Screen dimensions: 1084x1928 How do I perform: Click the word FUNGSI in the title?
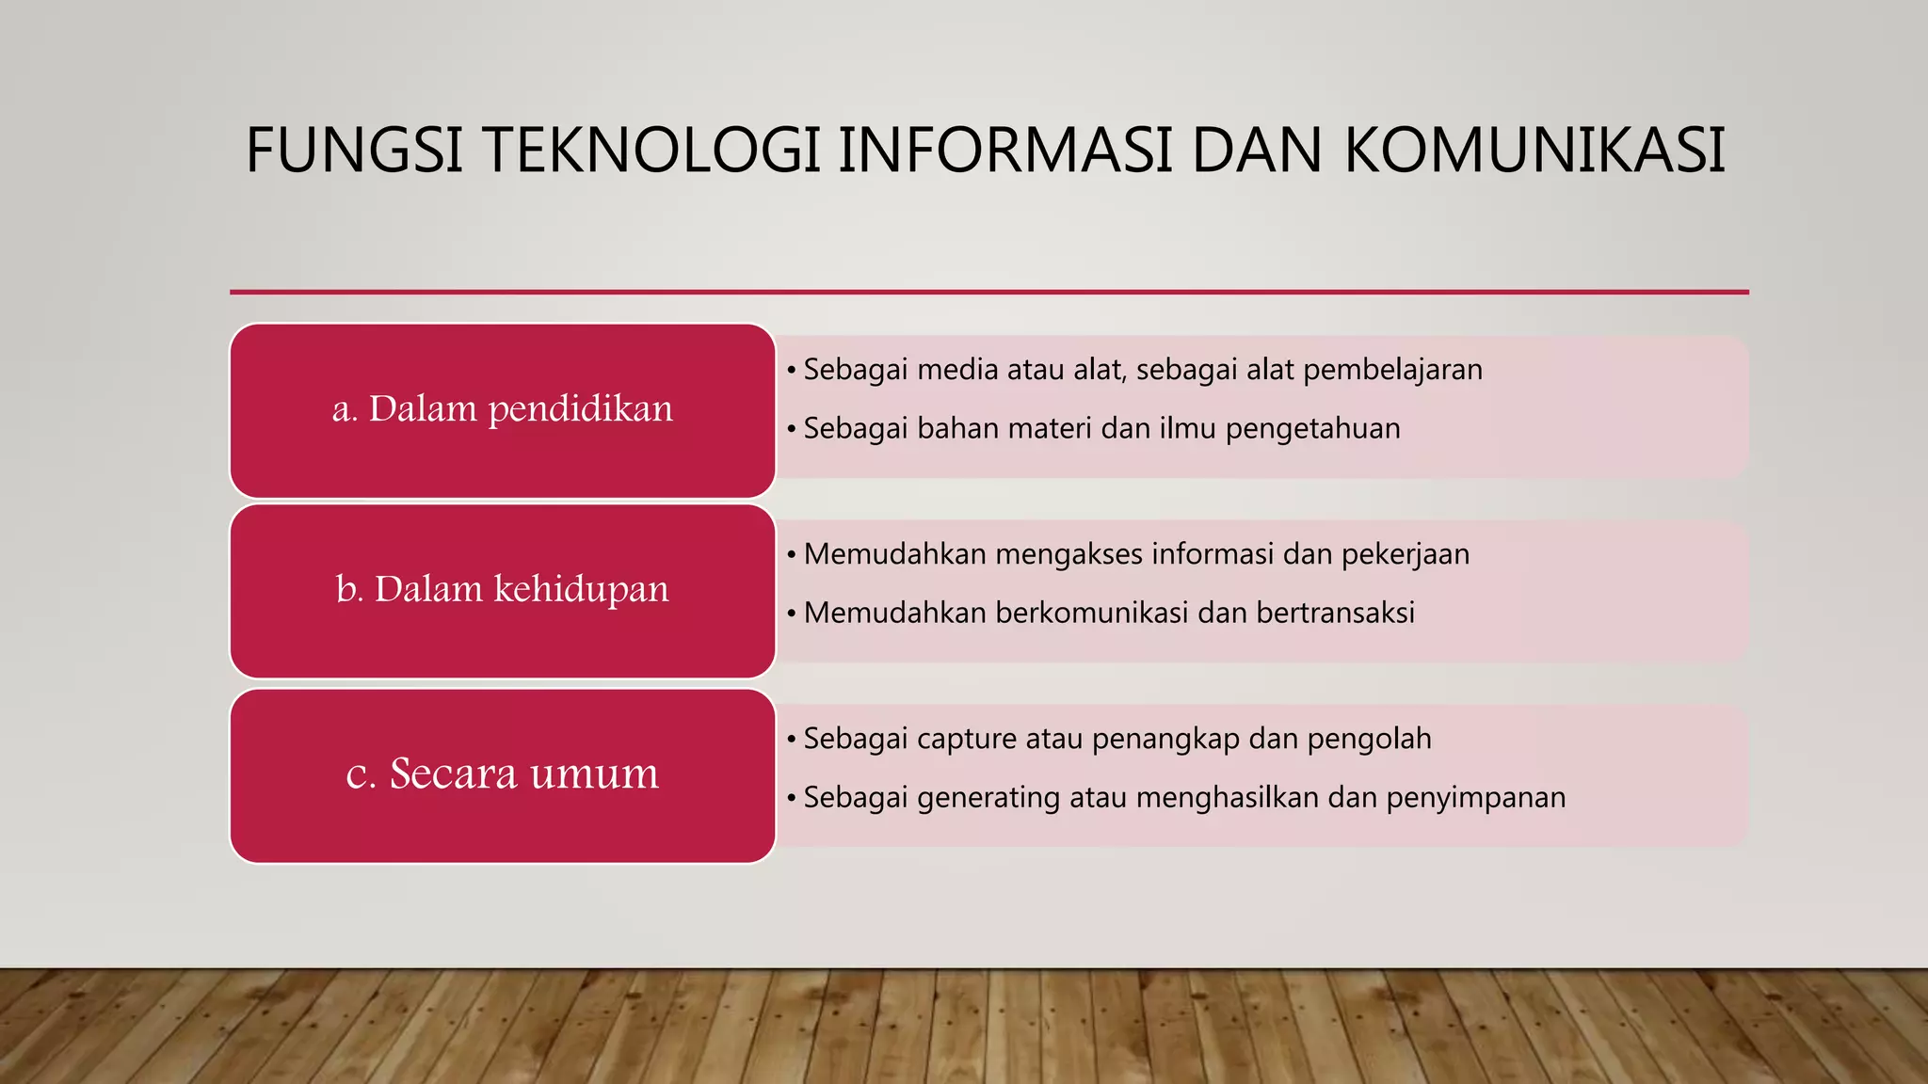[354, 151]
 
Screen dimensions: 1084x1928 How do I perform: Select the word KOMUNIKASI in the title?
[1534, 151]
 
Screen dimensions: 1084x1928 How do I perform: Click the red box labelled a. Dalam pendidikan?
[503, 410]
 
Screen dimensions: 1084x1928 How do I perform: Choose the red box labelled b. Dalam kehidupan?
[503, 591]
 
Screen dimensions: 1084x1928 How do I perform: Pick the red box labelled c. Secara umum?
[503, 775]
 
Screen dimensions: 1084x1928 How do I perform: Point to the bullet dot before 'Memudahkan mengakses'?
[792, 555]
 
